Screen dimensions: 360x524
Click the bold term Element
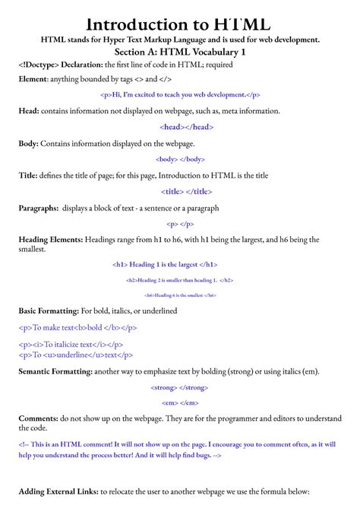click(32, 80)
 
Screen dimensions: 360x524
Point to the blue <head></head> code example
click(179, 127)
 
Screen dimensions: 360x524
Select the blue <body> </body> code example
click(179, 159)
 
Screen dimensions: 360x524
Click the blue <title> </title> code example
click(179, 191)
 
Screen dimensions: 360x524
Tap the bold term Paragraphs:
click(39, 208)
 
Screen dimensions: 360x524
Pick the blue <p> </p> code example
click(179, 224)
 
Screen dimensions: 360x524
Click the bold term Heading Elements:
click(51, 240)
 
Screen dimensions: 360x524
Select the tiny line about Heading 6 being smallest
click(179, 295)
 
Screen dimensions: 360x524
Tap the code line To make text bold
click(77, 327)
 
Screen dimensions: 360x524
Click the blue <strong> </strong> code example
click(179, 387)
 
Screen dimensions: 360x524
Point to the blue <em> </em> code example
click(179, 402)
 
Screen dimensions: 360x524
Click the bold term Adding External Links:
click(58, 492)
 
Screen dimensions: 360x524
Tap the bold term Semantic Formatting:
click(55, 371)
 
